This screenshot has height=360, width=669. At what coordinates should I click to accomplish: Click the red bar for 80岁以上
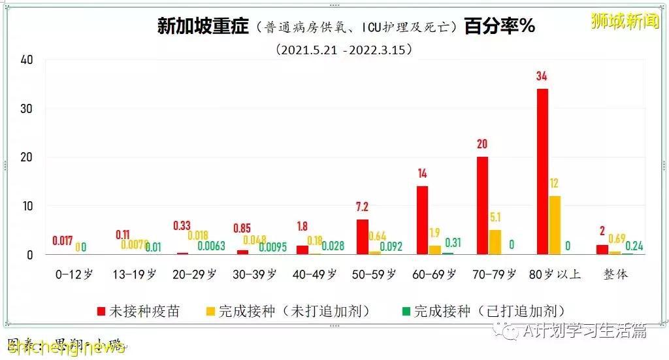pyautogui.click(x=542, y=171)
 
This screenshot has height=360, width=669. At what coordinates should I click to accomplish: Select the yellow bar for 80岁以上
pyautogui.click(x=554, y=225)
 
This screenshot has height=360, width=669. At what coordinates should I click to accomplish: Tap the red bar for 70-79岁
pyautogui.click(x=482, y=205)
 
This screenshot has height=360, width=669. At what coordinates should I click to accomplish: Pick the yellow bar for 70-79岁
pyautogui.click(x=495, y=242)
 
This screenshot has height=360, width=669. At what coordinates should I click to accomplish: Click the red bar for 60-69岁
pyautogui.click(x=422, y=220)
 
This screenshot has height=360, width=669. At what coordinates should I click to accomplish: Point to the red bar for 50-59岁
pyautogui.click(x=362, y=237)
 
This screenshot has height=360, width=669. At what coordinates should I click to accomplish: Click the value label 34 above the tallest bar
pyautogui.click(x=542, y=76)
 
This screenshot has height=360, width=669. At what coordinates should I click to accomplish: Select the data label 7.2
pyautogui.click(x=362, y=207)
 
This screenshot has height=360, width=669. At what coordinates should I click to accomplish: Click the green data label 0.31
pyautogui.click(x=452, y=242)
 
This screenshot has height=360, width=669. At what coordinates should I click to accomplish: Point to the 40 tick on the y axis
pyautogui.click(x=26, y=59)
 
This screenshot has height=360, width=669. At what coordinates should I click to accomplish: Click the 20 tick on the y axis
pyautogui.click(x=26, y=157)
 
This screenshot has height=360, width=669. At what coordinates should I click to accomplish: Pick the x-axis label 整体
pyautogui.click(x=615, y=274)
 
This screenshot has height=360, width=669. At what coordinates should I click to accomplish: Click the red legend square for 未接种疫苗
pyautogui.click(x=101, y=311)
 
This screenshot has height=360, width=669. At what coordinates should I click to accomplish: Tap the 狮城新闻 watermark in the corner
pyautogui.click(x=625, y=21)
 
